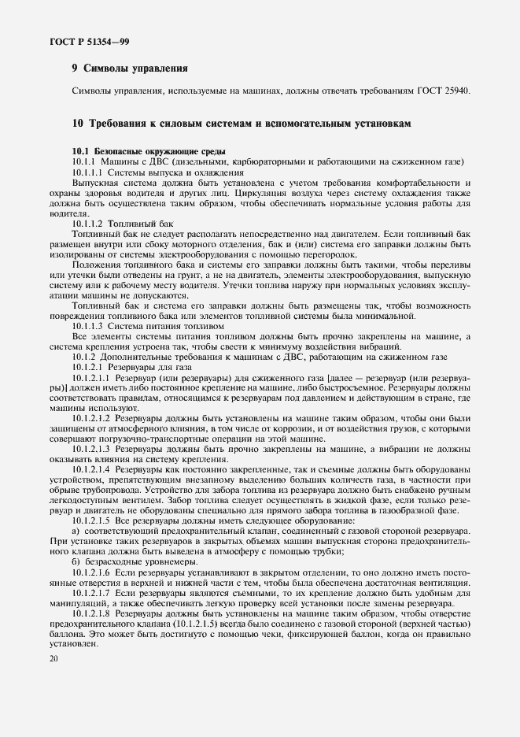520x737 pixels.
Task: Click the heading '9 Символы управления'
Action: click(x=129, y=69)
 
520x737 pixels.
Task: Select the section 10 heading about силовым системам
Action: click(x=240, y=124)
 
